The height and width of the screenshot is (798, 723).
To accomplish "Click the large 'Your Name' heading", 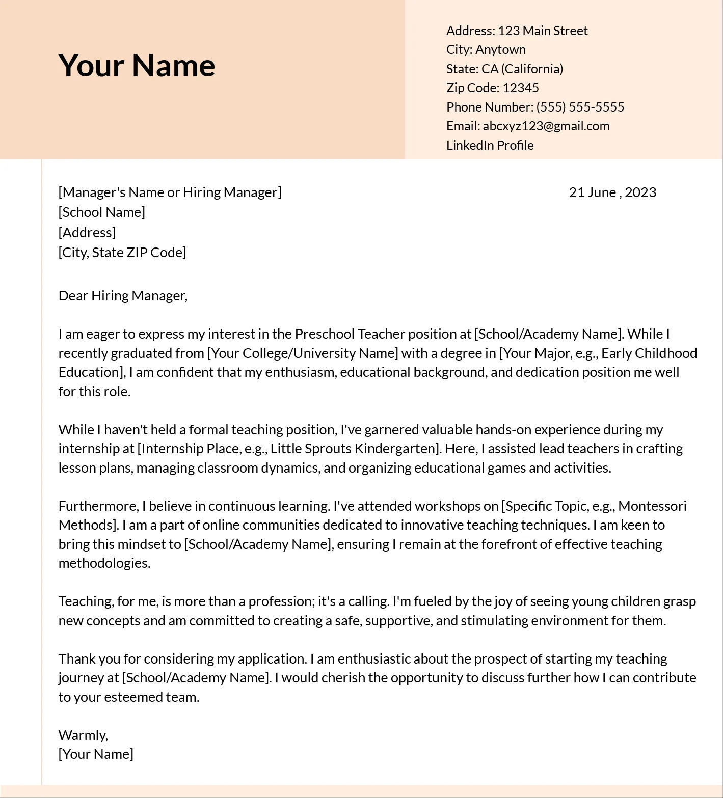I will (137, 65).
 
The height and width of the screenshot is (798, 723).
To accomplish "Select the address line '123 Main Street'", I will (542, 31).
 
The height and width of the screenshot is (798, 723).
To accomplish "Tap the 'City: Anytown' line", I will (486, 49).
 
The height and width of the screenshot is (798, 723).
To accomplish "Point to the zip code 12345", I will (520, 88).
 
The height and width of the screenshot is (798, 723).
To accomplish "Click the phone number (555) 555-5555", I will (580, 107).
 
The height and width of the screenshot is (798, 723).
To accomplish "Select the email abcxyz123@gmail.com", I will (546, 126).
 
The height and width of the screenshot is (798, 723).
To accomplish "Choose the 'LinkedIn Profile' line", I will (490, 145).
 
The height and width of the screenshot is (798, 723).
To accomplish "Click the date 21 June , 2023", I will (612, 192).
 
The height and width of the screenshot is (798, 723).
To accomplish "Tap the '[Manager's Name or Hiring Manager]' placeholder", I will (170, 192).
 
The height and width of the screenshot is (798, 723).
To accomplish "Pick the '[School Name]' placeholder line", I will (101, 212).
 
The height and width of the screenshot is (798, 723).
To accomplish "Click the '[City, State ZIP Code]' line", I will (122, 252).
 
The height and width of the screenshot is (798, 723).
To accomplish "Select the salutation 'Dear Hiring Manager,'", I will (123, 295).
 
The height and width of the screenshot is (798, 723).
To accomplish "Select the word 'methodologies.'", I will (104, 563).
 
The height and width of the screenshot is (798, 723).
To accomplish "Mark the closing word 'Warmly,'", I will (83, 735).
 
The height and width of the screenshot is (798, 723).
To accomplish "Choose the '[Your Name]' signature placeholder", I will (96, 754).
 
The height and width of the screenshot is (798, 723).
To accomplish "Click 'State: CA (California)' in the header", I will (504, 69).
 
